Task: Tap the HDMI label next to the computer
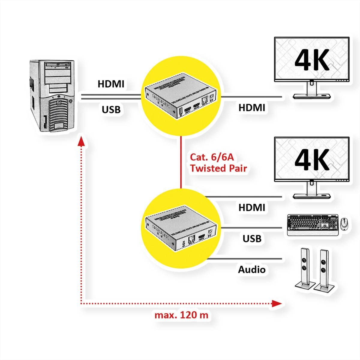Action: (111, 84)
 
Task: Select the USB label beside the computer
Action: (111, 110)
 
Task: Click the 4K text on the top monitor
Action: (312, 60)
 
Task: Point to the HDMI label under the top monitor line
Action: (252, 108)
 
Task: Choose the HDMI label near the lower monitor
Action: (252, 207)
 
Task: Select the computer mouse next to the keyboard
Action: (345, 223)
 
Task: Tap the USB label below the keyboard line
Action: (252, 238)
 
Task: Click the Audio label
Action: (252, 269)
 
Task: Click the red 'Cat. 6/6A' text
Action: (211, 157)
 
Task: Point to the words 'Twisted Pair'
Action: (218, 168)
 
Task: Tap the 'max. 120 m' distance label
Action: (181, 315)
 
